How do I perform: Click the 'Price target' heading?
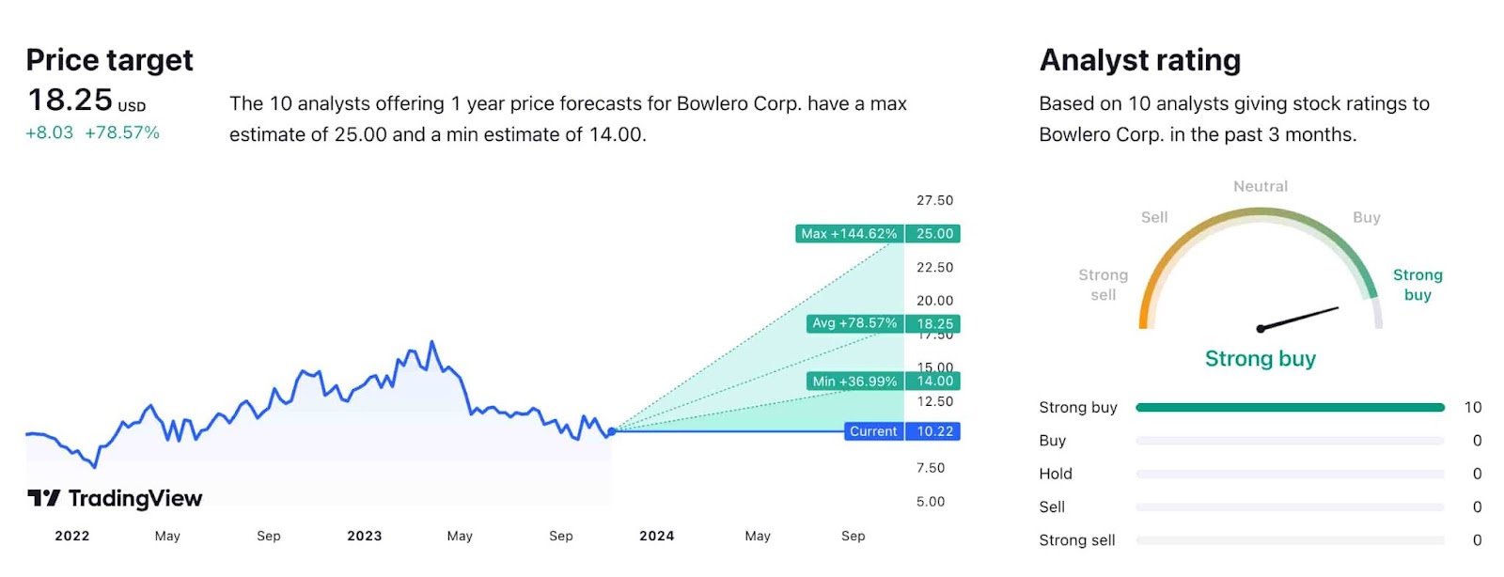coord(109,60)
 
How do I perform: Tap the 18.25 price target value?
coord(70,100)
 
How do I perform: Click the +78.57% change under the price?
coord(122,133)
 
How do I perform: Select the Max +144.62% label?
coord(849,234)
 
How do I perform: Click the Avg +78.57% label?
coord(854,323)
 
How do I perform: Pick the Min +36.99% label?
coord(854,382)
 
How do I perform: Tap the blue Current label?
coord(873,431)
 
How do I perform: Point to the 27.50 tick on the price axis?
coord(934,200)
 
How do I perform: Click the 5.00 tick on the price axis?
coord(931,502)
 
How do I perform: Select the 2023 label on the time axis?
coord(365,536)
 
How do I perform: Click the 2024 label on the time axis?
coord(657,536)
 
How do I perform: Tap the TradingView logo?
coord(115,498)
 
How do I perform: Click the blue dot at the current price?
coord(612,431)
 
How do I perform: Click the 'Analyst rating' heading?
coord(1140,60)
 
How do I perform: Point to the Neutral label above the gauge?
coord(1261,186)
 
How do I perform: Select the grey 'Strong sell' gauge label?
coord(1103,285)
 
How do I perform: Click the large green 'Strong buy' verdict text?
coord(1261,359)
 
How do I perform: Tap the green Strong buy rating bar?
coord(1290,408)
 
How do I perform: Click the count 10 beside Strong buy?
coord(1472,408)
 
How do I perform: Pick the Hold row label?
coord(1056,474)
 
